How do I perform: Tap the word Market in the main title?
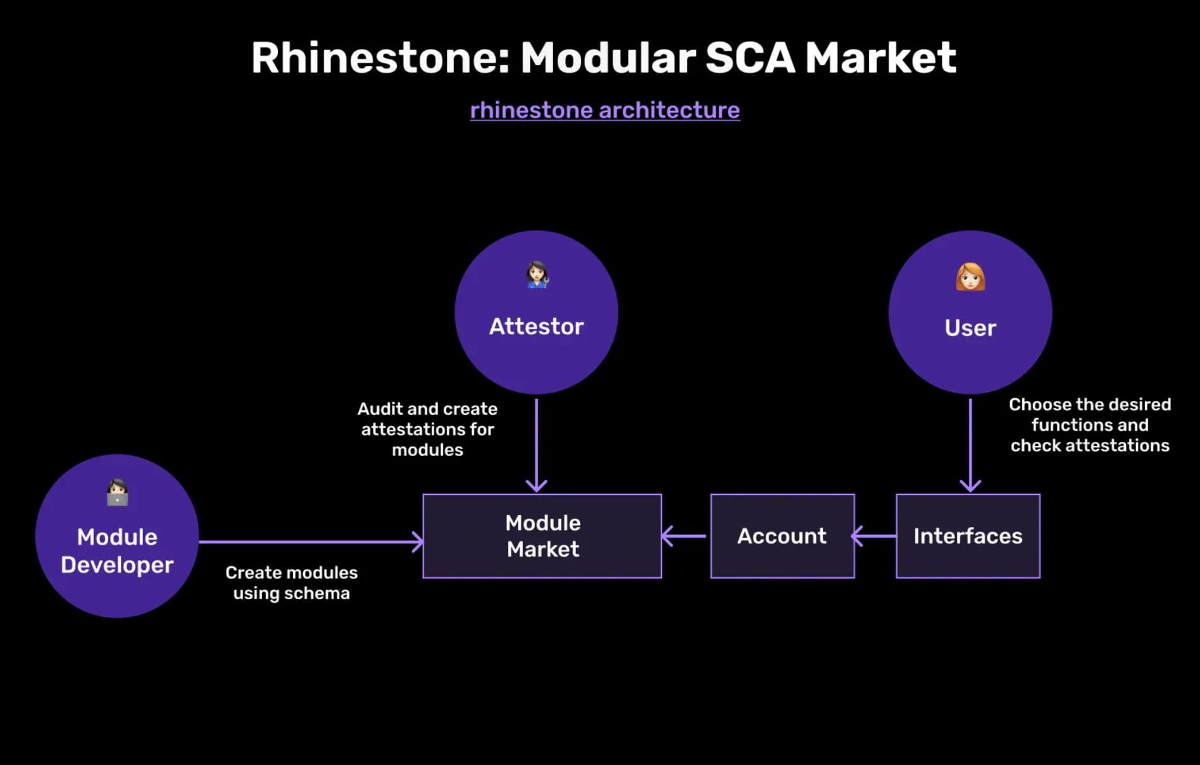click(880, 58)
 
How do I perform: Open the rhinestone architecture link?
click(604, 110)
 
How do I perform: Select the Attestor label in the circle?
click(536, 327)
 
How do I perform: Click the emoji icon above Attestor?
click(537, 275)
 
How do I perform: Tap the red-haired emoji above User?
click(970, 277)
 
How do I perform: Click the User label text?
click(970, 328)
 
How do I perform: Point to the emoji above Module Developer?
click(117, 492)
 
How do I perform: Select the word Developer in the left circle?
click(117, 565)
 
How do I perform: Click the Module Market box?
click(542, 536)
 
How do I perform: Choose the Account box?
click(782, 536)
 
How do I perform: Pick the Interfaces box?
click(968, 536)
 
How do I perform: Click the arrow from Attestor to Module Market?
click(536, 443)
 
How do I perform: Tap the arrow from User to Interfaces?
click(970, 443)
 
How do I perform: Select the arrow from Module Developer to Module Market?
click(310, 541)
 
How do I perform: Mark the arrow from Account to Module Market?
click(685, 536)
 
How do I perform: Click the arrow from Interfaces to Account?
click(875, 536)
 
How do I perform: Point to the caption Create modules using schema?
click(291, 583)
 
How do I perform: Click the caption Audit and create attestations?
click(427, 429)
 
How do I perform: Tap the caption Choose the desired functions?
click(1089, 425)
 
